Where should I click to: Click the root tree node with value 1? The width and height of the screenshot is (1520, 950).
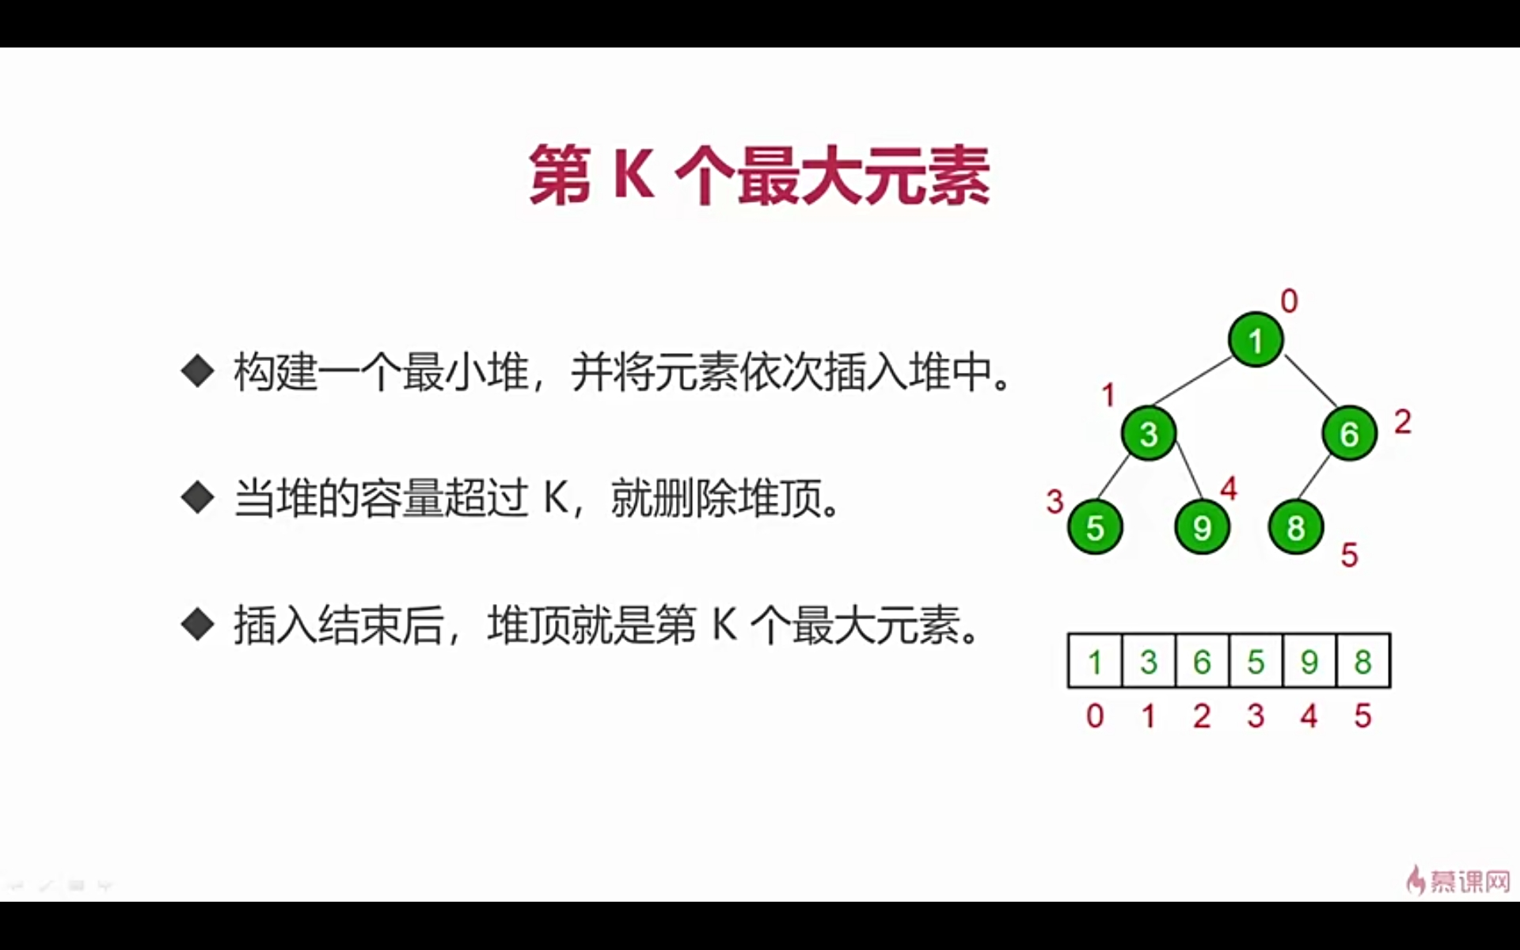[1256, 340]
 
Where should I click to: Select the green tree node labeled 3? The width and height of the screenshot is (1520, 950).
[1149, 433]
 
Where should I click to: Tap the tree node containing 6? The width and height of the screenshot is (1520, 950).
[1349, 433]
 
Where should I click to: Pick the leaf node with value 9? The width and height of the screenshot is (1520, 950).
[1202, 527]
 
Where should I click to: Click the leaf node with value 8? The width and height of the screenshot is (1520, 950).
[1295, 527]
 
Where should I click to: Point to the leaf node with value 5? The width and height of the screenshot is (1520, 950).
[1095, 527]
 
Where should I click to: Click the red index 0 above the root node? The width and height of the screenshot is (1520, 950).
[1289, 301]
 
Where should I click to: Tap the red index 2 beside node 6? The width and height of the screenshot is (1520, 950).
[1402, 422]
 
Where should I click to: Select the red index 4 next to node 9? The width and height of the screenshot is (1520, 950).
[1229, 488]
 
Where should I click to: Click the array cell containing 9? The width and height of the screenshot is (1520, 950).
[1309, 661]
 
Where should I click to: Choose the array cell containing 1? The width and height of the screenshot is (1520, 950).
[1095, 661]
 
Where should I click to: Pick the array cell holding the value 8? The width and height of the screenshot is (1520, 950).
[1362, 661]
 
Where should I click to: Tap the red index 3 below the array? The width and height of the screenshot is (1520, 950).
[1256, 716]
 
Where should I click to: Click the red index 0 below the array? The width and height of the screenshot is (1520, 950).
[1095, 716]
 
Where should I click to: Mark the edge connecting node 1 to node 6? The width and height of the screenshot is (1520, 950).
[1309, 381]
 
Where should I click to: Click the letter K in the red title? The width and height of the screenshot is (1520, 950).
[633, 176]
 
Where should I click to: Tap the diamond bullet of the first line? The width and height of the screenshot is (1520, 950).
[198, 370]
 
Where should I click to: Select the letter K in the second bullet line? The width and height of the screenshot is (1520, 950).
[556, 499]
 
